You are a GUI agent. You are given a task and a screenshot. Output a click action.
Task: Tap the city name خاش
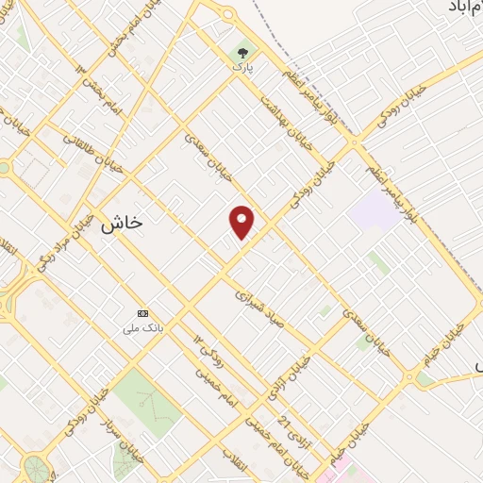[120, 223]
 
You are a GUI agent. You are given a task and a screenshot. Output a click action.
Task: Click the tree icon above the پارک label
[244, 54]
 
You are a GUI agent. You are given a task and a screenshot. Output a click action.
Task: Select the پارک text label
[244, 69]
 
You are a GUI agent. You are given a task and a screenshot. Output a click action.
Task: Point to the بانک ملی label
[143, 328]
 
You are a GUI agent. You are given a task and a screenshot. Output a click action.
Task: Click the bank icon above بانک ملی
[143, 313]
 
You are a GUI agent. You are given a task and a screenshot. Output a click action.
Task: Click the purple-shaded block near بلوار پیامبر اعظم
[374, 210]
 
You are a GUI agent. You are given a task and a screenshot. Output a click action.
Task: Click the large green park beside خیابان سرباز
[146, 400]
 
